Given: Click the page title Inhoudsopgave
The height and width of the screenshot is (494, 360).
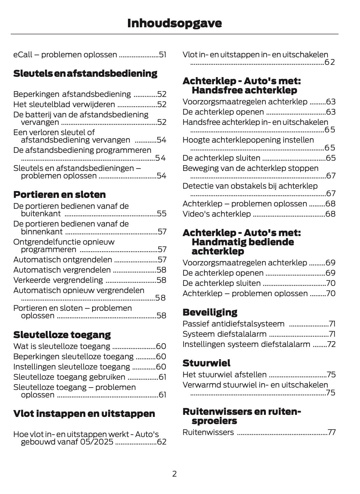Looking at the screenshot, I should (x=174, y=23).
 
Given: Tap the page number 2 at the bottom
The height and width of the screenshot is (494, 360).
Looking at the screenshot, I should (x=174, y=474).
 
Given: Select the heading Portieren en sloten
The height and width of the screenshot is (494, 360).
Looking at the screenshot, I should (x=59, y=194).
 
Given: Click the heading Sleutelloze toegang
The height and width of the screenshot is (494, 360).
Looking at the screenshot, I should (x=62, y=334).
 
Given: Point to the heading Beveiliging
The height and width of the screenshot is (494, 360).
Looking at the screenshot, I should (x=210, y=312).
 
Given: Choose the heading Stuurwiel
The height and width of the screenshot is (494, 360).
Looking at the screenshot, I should (x=206, y=363).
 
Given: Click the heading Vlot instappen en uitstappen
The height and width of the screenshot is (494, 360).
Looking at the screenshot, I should (x=84, y=413).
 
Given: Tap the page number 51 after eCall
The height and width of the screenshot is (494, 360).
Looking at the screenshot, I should (x=162, y=55).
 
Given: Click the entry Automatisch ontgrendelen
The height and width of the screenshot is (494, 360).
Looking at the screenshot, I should (x=62, y=260).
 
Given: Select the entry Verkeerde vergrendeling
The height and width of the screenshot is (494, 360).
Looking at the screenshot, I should (x=58, y=280).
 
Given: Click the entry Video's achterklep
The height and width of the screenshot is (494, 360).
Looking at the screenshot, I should (x=217, y=214).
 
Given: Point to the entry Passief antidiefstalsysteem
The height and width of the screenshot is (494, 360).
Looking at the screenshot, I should (x=233, y=324).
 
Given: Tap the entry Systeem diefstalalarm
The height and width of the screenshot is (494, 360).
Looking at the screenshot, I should (x=225, y=334).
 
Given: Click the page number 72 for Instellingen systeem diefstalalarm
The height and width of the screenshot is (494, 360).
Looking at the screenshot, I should (x=331, y=344).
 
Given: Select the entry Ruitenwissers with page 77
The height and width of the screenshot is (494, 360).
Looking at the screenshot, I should (x=208, y=432).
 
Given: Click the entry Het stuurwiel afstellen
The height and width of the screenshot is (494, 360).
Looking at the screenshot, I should (x=225, y=375).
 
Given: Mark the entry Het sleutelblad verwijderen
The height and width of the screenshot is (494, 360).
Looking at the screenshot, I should (x=64, y=104).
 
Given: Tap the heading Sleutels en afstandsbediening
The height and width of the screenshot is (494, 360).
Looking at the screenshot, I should (x=85, y=73).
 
